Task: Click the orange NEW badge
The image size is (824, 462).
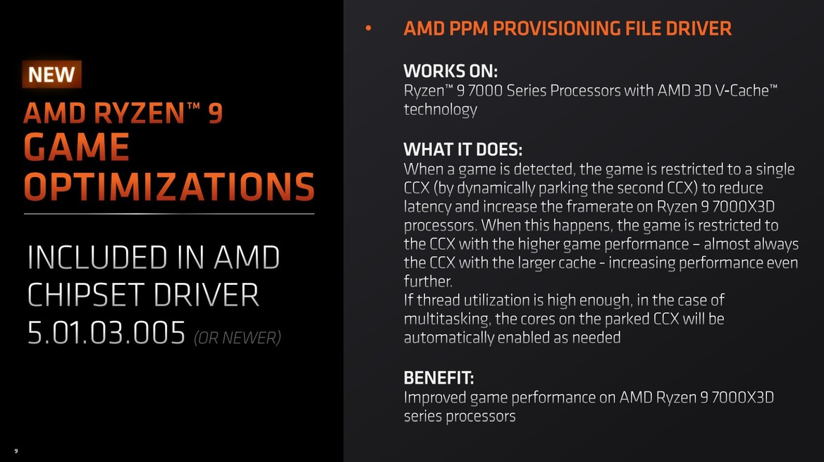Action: click(x=52, y=74)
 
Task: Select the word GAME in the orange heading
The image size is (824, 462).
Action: click(x=77, y=147)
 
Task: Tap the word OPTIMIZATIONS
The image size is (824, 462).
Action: click(x=169, y=187)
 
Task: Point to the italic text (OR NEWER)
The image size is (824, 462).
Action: click(x=238, y=339)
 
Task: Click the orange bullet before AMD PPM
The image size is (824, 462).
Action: click(x=367, y=29)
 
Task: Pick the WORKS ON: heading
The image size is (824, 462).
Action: click(x=450, y=71)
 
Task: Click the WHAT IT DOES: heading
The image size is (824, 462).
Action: click(x=462, y=150)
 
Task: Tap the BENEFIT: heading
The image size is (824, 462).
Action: click(x=438, y=377)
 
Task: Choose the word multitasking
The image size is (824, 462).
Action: click(x=445, y=319)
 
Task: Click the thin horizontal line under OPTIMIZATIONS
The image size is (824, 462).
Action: click(x=169, y=213)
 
